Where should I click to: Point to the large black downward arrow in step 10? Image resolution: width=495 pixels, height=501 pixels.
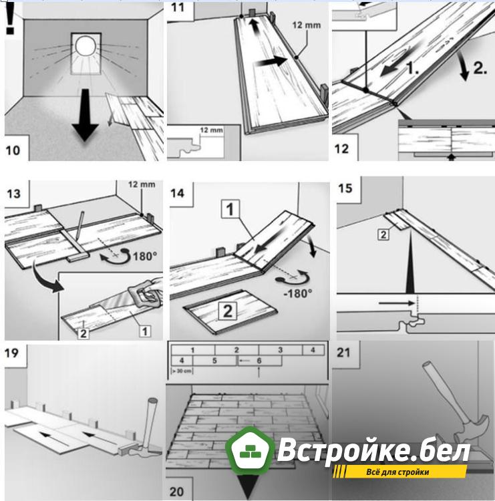click(x=84, y=118)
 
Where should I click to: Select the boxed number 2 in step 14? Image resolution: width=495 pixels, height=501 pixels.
click(x=227, y=310)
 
